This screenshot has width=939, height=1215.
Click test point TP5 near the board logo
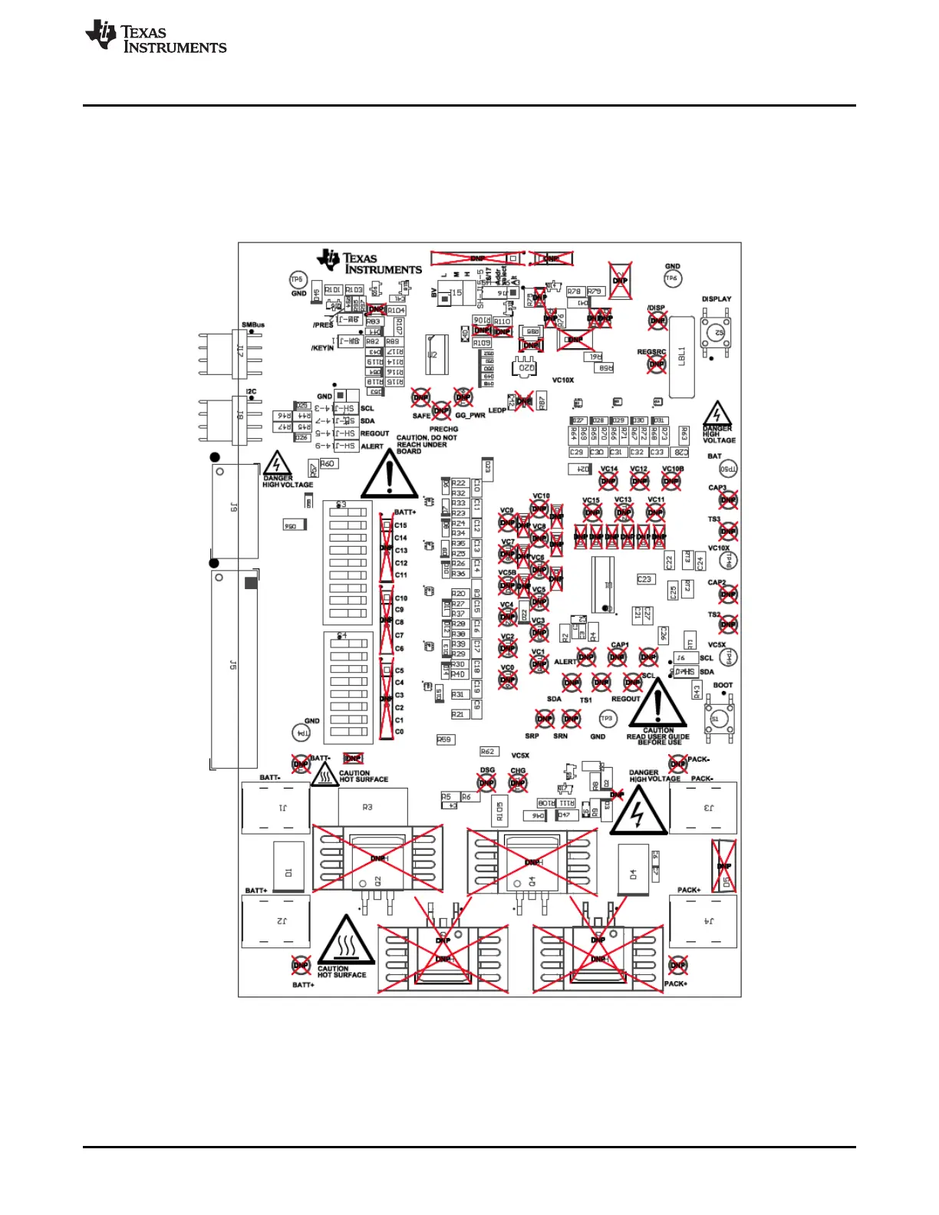(297, 280)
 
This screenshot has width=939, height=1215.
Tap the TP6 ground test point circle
(672, 279)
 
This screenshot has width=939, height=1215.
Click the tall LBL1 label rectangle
(682, 357)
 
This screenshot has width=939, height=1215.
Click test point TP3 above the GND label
(607, 719)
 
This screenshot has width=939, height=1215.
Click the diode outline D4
(634, 871)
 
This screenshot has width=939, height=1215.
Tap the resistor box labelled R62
(489, 752)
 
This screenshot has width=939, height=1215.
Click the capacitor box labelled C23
(644, 579)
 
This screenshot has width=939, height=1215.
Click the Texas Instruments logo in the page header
(156, 37)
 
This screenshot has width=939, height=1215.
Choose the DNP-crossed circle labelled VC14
(608, 482)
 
